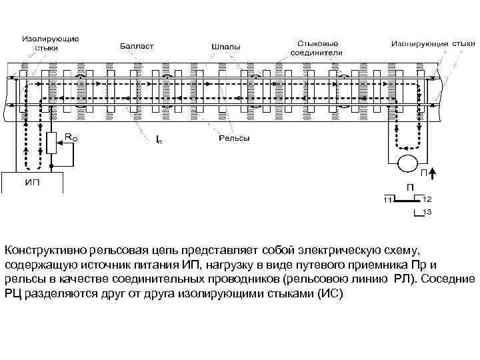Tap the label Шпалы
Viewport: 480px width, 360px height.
tap(226, 47)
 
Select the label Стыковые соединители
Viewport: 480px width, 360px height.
tap(317, 47)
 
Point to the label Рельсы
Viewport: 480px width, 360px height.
tap(234, 138)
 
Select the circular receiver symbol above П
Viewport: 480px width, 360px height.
tap(406, 162)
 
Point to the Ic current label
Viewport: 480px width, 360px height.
tap(158, 141)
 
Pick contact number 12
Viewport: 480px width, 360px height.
tap(427, 199)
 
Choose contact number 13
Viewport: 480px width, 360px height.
tap(427, 212)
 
